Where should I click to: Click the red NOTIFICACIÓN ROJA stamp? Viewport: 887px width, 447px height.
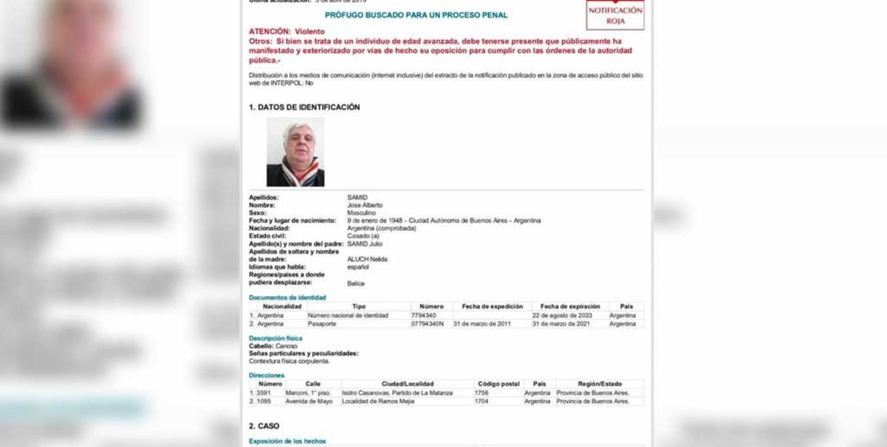(x=615, y=15)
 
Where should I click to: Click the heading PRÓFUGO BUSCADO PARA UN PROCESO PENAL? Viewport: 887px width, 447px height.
(x=416, y=15)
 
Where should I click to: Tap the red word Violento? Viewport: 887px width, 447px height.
(x=310, y=31)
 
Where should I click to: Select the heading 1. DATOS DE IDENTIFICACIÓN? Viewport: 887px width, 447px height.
(x=304, y=107)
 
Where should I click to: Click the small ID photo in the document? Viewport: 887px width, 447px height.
(x=295, y=152)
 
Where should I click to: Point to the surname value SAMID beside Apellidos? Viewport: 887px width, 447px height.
(x=357, y=197)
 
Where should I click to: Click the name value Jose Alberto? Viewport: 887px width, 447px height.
(x=364, y=205)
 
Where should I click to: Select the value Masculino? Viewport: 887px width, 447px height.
(x=361, y=213)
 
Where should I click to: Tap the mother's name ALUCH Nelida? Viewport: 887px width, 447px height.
(x=367, y=259)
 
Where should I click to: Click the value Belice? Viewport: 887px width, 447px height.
(x=355, y=283)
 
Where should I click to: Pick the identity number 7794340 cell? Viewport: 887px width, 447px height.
(x=424, y=315)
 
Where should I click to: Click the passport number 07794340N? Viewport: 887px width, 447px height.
(x=427, y=323)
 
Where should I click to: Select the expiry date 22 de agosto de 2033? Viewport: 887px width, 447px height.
(x=562, y=315)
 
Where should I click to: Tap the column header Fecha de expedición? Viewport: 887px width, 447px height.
(x=492, y=306)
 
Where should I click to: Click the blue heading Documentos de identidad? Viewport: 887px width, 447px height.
(x=287, y=298)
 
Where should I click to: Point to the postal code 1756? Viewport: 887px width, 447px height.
(x=482, y=393)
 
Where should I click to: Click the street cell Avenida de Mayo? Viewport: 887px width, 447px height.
(x=308, y=401)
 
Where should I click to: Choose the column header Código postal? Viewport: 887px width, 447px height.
(x=499, y=384)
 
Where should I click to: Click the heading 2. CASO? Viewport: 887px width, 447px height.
(x=264, y=426)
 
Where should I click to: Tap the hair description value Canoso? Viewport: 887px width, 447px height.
(x=286, y=346)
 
